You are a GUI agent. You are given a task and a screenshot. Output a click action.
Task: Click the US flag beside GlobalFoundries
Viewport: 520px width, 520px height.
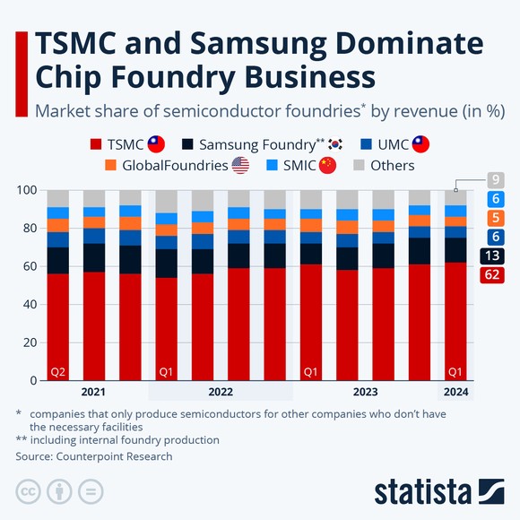tap(240, 165)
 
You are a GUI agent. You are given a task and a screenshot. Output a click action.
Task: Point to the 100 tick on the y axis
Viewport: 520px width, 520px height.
tap(29, 190)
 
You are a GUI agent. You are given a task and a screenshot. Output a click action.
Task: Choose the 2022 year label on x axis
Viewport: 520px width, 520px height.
tap(221, 392)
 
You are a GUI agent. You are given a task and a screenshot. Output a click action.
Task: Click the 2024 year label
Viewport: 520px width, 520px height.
tap(455, 392)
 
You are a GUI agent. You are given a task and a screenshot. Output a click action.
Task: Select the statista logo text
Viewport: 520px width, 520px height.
tap(421, 491)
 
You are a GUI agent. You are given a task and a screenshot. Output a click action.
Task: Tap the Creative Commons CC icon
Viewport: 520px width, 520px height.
tap(29, 491)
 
